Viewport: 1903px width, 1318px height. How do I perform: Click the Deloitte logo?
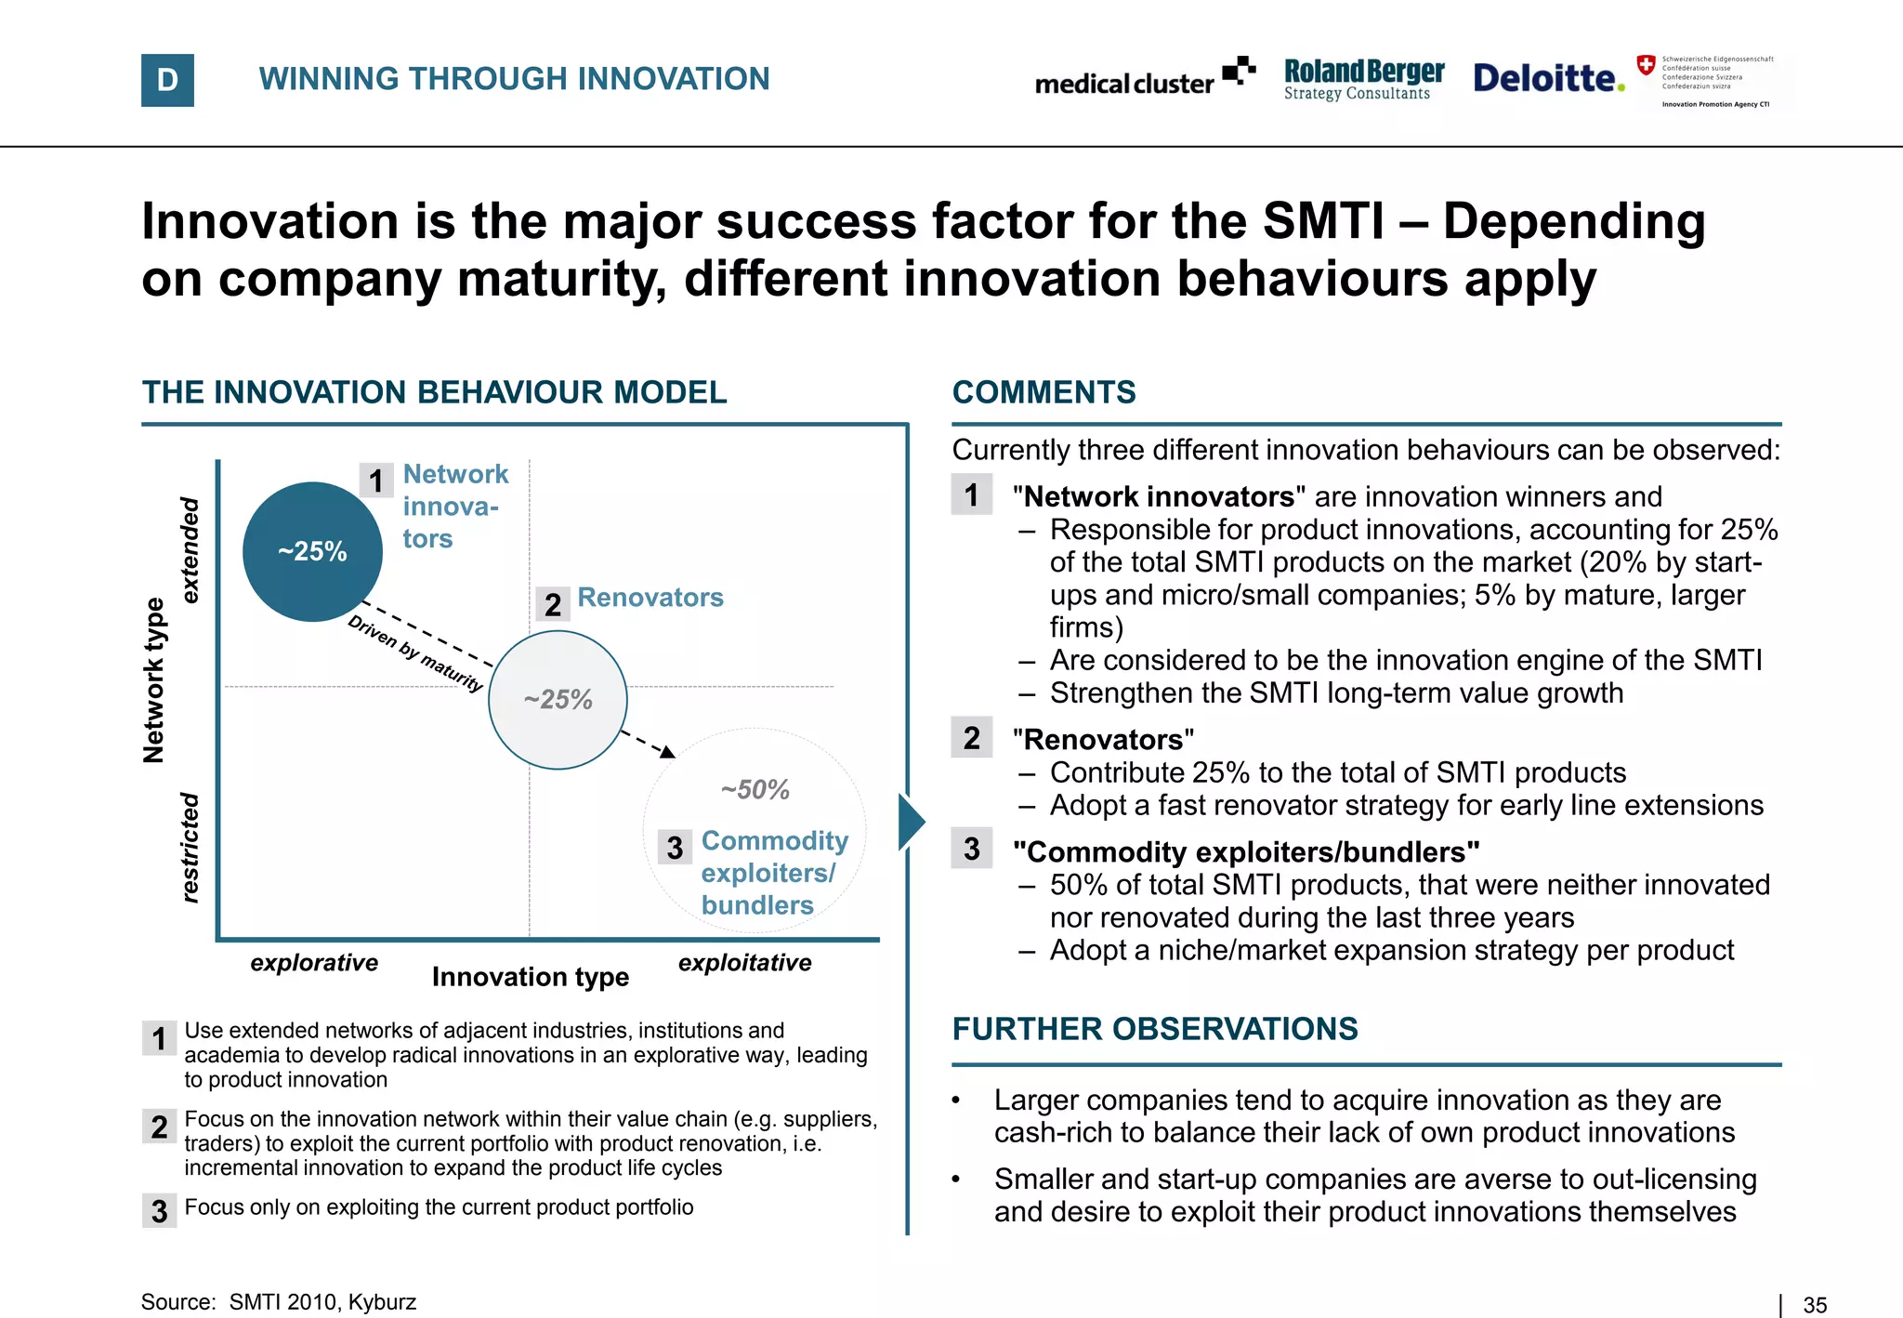(1547, 78)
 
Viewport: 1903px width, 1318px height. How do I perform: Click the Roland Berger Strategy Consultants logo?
(1363, 80)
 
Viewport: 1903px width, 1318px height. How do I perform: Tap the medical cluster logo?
(1144, 79)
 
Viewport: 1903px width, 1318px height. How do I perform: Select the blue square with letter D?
(167, 80)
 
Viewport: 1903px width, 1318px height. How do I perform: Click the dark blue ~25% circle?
(312, 551)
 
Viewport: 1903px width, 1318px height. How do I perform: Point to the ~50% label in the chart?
(755, 789)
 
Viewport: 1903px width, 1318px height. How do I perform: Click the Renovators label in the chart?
(650, 598)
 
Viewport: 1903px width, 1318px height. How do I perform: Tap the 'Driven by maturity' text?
(415, 653)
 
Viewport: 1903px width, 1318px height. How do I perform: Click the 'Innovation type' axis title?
(531, 977)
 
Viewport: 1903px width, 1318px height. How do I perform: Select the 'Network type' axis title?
(154, 679)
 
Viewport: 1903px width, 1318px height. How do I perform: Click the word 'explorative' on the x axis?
(314, 963)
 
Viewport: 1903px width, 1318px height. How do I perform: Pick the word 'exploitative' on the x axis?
(744, 963)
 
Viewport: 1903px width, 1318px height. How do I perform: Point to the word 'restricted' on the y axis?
(190, 847)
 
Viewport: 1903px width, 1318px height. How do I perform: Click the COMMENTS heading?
(1043, 392)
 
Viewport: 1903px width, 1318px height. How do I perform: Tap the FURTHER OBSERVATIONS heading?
(1155, 1029)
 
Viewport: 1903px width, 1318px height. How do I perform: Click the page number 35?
(1815, 1305)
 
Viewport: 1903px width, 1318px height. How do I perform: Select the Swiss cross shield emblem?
(1646, 65)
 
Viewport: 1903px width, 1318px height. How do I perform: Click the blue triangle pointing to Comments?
(911, 822)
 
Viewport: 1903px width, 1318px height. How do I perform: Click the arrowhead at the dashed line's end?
(667, 751)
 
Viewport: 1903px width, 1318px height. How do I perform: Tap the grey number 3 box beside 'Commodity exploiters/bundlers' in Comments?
(972, 849)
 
